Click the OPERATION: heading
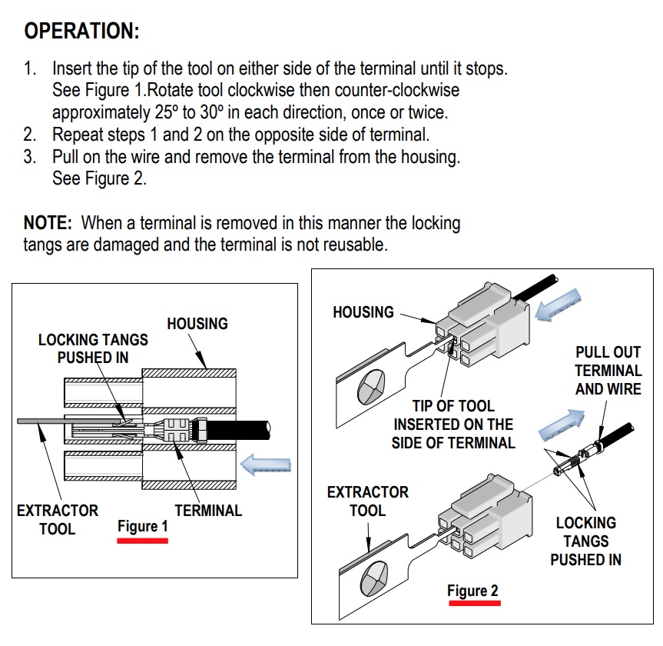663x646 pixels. pyautogui.click(x=81, y=32)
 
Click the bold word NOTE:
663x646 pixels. pyautogui.click(x=48, y=224)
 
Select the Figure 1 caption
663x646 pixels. pyautogui.click(x=142, y=527)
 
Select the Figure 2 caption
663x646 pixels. pyautogui.click(x=472, y=591)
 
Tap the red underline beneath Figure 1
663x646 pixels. pyautogui.click(x=142, y=541)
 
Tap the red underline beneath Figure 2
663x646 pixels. pyautogui.click(x=473, y=604)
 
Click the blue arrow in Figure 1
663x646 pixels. pyautogui.click(x=265, y=465)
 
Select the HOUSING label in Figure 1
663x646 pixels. pyautogui.click(x=197, y=324)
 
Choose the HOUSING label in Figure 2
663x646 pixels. pyautogui.click(x=363, y=312)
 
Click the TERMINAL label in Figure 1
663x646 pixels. pyautogui.click(x=208, y=510)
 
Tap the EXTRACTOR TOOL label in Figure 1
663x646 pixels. pyautogui.click(x=58, y=519)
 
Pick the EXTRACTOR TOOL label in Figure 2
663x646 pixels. pyautogui.click(x=368, y=501)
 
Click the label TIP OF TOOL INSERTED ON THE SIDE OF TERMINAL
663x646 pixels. pyautogui.click(x=453, y=424)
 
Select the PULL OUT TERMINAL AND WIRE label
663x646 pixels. pyautogui.click(x=608, y=371)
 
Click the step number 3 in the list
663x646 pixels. pyautogui.click(x=29, y=157)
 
